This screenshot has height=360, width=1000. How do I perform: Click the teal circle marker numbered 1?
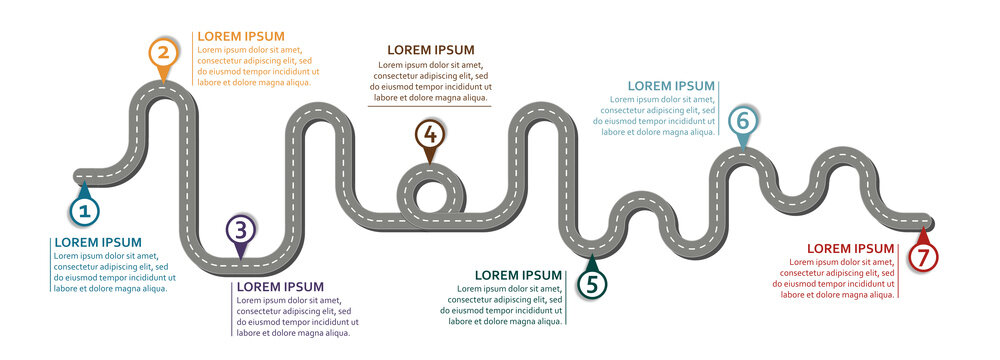(x=84, y=211)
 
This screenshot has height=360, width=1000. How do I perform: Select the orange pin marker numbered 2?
(x=164, y=53)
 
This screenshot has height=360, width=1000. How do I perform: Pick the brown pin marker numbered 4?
(x=429, y=134)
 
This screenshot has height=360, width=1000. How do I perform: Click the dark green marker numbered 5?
(x=592, y=284)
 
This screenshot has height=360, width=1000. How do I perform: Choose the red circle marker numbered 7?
(x=923, y=257)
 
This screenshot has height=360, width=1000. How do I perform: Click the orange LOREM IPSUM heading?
(x=241, y=36)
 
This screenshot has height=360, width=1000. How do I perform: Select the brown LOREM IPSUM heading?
(x=431, y=50)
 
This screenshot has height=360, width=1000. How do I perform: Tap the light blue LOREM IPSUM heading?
(x=671, y=86)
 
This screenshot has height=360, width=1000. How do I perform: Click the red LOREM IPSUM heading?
(x=851, y=248)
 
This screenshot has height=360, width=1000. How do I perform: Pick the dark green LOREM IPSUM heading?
(x=518, y=275)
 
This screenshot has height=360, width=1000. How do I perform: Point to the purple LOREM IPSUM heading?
(x=280, y=287)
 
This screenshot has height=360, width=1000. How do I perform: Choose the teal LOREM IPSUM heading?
(x=98, y=242)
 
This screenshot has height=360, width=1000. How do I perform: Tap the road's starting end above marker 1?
(x=81, y=176)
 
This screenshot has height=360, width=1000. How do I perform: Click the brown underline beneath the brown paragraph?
(x=431, y=106)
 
